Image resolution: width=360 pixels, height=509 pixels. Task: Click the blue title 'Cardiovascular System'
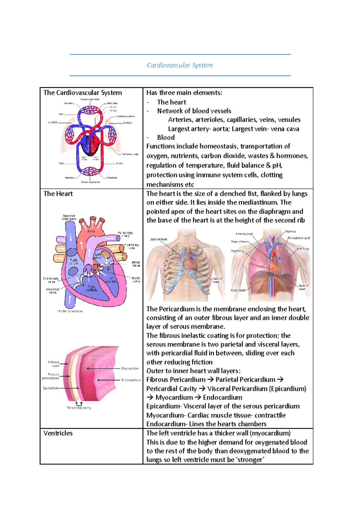click(180, 65)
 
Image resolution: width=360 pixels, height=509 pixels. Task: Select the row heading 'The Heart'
click(58, 194)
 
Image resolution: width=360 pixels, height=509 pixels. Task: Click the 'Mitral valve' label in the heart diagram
click(136, 264)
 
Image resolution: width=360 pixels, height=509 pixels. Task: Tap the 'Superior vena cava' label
click(69, 217)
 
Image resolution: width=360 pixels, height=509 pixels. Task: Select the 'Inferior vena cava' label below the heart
click(70, 311)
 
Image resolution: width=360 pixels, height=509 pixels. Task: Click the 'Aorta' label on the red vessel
click(91, 231)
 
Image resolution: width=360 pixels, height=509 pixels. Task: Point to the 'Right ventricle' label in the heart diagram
click(91, 288)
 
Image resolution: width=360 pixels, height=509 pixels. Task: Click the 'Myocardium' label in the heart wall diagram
click(130, 368)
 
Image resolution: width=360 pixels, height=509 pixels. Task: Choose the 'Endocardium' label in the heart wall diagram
click(131, 380)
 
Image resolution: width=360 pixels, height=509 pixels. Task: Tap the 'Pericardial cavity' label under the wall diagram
click(79, 408)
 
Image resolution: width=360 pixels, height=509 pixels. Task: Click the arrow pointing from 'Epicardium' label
click(70, 388)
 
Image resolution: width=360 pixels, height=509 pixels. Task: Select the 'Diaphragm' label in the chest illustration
click(238, 290)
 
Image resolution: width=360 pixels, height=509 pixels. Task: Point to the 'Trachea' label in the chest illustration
click(290, 231)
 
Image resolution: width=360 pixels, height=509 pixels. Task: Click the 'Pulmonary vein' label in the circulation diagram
click(130, 154)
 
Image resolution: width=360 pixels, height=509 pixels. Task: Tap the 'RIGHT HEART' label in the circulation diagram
click(85, 158)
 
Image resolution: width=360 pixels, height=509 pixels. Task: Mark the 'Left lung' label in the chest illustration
click(303, 249)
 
